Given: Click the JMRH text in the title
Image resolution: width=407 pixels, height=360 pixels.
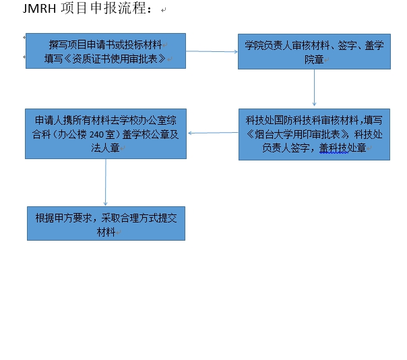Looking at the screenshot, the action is tap(39, 8).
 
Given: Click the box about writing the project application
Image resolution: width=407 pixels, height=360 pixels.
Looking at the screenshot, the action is tap(106, 51).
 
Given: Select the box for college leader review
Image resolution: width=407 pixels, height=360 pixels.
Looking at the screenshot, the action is tap(314, 51).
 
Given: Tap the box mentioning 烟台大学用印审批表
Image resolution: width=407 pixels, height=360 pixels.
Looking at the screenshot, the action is tap(314, 134).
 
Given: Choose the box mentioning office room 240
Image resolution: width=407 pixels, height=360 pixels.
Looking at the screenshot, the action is tap(106, 133).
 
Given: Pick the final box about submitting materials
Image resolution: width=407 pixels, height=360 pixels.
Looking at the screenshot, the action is tap(106, 223).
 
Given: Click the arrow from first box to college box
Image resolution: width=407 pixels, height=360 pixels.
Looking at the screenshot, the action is tap(212, 51).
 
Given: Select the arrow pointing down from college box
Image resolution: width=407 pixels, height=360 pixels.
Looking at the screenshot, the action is tap(314, 88).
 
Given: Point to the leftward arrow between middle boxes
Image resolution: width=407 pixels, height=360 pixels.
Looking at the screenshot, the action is tap(213, 133).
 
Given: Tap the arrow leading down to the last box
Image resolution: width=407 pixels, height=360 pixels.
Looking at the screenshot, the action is tap(105, 182).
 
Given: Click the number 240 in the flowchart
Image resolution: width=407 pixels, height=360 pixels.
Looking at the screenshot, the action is tap(96, 135).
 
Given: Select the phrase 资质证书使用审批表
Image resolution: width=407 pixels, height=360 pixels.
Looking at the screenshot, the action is tap(119, 59).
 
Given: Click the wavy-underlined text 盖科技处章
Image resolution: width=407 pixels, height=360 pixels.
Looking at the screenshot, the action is tap(342, 148).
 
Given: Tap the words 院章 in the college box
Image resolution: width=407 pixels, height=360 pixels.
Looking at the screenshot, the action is tap(314, 60).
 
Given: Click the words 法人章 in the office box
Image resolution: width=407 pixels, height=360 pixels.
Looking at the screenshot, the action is tap(105, 148).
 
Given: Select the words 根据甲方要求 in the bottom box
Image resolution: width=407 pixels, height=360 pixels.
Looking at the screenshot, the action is tap(63, 218).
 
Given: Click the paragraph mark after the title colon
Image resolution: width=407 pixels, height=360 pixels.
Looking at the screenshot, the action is tap(163, 10).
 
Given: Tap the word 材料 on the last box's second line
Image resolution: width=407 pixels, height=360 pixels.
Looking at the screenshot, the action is tap(106, 232).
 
